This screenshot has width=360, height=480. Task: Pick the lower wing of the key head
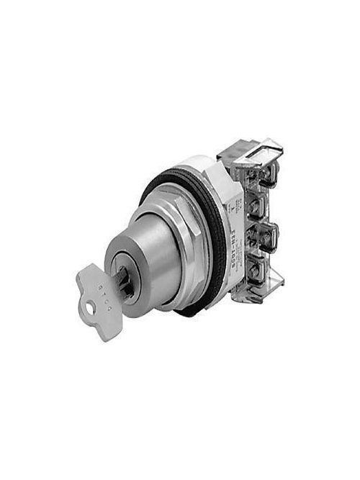[108, 326]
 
